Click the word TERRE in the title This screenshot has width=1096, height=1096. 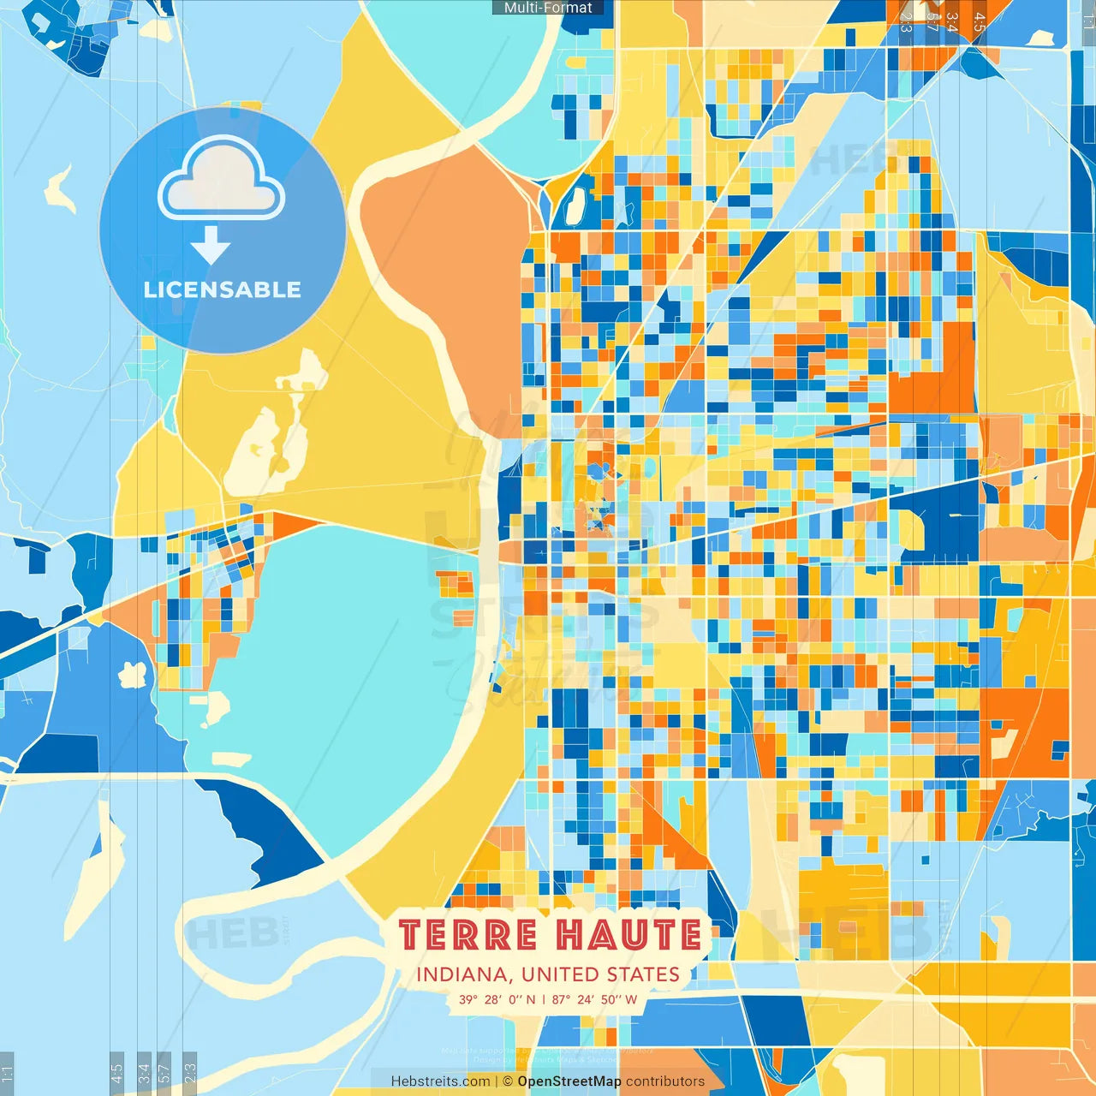coord(468,935)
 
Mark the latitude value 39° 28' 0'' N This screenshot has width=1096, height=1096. coord(497,999)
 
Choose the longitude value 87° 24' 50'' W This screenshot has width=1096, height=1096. coord(594,999)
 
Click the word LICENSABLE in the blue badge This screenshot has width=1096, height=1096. coord(222,289)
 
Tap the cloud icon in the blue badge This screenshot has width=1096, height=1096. coord(222,180)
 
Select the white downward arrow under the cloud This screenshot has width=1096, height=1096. coord(211,246)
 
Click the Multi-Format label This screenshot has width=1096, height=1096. coord(548,8)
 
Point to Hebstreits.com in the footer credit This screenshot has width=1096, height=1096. coord(440,1081)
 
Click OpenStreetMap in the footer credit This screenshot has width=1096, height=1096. coord(569,1081)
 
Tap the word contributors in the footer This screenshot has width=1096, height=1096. coord(665,1081)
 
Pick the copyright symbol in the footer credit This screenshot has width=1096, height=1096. coord(508,1081)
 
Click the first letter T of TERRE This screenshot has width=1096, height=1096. coord(409,935)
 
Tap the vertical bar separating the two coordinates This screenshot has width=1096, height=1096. coord(544,999)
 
